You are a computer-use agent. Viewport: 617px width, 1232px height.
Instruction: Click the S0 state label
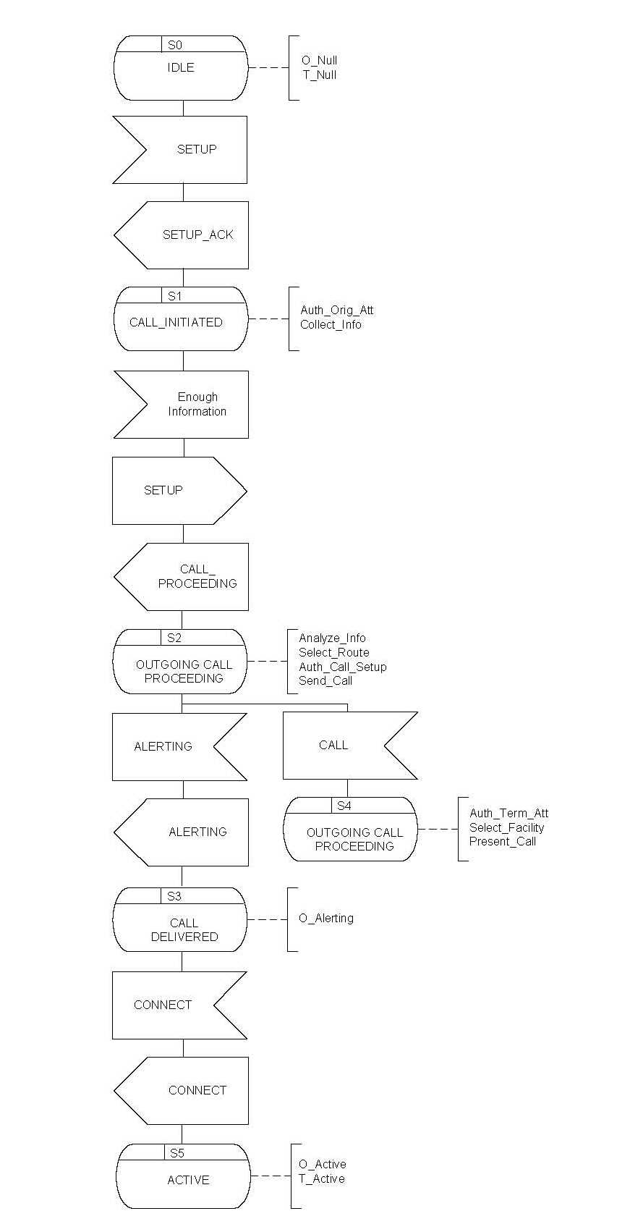[x=175, y=45]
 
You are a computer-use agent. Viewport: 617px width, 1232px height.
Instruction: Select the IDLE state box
[x=181, y=68]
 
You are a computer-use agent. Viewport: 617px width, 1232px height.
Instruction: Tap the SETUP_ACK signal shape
[x=182, y=235]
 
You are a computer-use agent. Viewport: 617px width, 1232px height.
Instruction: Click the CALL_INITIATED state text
[x=176, y=323]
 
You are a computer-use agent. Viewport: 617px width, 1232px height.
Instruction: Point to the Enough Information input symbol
[x=182, y=405]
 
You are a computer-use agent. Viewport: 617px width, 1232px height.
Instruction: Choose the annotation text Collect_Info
[x=331, y=325]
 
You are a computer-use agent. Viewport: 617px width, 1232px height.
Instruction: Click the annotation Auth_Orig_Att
[x=337, y=311]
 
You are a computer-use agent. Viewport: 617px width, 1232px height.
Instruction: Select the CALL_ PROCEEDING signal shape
[x=182, y=577]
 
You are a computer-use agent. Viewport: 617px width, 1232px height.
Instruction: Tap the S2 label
[x=174, y=638]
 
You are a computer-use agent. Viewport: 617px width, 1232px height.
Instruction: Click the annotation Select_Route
[x=333, y=653]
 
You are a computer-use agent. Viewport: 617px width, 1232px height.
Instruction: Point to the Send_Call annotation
[x=325, y=681]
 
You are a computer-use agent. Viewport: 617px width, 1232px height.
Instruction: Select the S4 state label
[x=344, y=806]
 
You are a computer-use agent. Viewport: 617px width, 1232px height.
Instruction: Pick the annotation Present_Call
[x=503, y=842]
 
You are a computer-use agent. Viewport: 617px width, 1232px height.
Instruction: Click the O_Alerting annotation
[x=326, y=919]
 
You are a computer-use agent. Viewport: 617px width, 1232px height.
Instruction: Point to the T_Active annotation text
[x=322, y=1179]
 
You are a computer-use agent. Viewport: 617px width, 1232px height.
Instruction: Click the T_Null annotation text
[x=320, y=75]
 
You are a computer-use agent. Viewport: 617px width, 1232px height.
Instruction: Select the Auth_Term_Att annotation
[x=509, y=814]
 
